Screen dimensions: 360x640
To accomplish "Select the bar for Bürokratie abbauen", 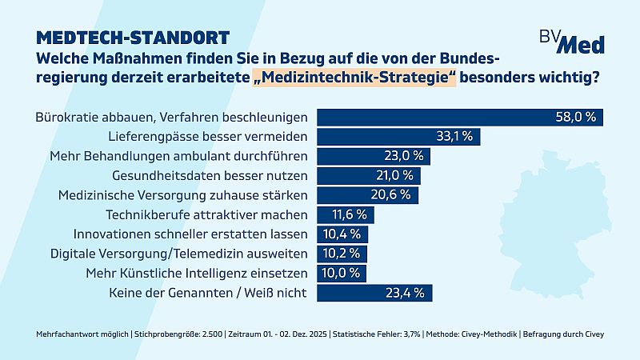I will point(460,116).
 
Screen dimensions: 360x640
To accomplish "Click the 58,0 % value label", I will point(577,116).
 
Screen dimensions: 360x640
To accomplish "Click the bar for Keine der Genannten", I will point(376,293).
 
